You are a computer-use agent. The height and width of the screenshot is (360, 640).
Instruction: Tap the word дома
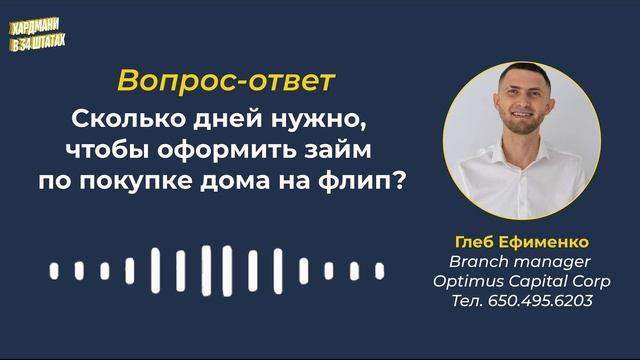(x=266, y=183)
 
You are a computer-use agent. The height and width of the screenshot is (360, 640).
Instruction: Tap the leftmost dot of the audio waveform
(x=54, y=270)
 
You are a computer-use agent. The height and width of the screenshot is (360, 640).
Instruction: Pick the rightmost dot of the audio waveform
(x=379, y=270)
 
